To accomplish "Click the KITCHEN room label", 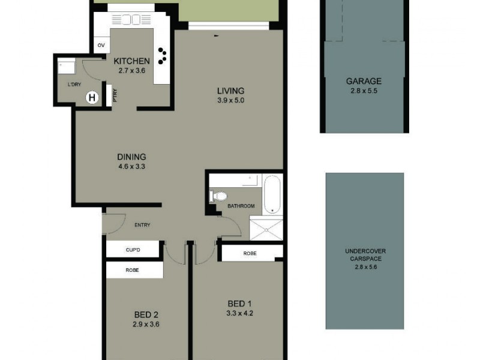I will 132,61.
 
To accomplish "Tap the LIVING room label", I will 231,91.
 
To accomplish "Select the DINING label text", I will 132,157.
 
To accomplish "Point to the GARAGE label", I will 364,82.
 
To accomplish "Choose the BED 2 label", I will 146,314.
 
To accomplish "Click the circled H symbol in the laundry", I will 92,97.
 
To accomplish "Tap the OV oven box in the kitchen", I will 101,46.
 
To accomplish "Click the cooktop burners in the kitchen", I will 163,56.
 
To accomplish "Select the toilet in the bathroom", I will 219,195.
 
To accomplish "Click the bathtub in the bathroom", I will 272,194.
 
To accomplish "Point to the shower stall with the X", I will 266,230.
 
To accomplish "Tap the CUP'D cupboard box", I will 133,249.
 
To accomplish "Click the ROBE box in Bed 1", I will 250,253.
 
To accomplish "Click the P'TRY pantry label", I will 114,97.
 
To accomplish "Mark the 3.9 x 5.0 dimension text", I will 231,100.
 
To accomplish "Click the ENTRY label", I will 142,225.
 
